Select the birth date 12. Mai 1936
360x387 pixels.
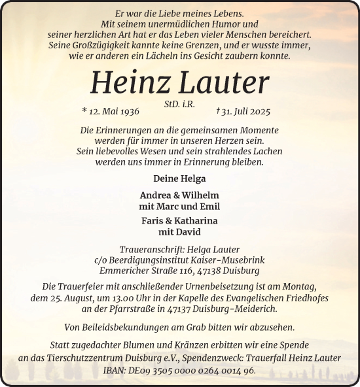pyautogui.click(x=115, y=112)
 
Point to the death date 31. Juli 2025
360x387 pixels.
pyautogui.click(x=241, y=112)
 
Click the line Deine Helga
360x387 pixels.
pyautogui.click(x=179, y=178)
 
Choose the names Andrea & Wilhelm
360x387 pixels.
pyautogui.click(x=179, y=195)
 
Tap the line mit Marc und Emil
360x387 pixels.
pyautogui.click(x=179, y=206)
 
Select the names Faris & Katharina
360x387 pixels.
pyautogui.click(x=179, y=220)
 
